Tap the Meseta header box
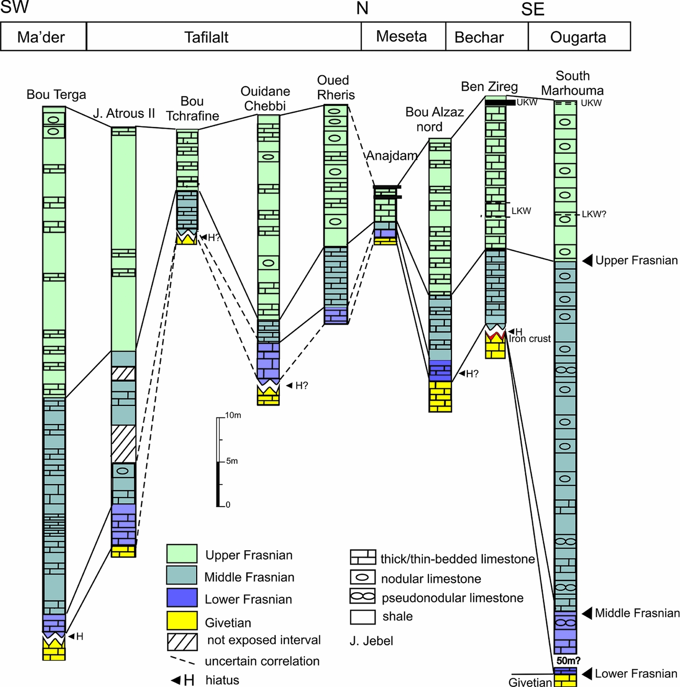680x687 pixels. (403, 36)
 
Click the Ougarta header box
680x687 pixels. (579, 37)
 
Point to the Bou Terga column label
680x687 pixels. (56, 95)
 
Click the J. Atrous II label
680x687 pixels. (124, 114)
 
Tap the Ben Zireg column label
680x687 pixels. (489, 87)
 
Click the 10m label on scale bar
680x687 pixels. (233, 415)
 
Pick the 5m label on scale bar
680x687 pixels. (232, 461)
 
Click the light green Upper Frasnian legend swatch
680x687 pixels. (181, 554)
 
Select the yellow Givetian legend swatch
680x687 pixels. (181, 621)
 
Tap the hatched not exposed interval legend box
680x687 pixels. (182, 642)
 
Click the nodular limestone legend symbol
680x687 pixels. (362, 577)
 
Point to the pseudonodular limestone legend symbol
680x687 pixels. (362, 596)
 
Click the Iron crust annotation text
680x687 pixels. (530, 339)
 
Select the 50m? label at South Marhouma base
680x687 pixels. (568, 661)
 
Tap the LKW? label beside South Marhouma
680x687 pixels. (593, 214)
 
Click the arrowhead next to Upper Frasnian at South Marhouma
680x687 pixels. (587, 260)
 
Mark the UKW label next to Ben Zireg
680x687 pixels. (527, 102)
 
